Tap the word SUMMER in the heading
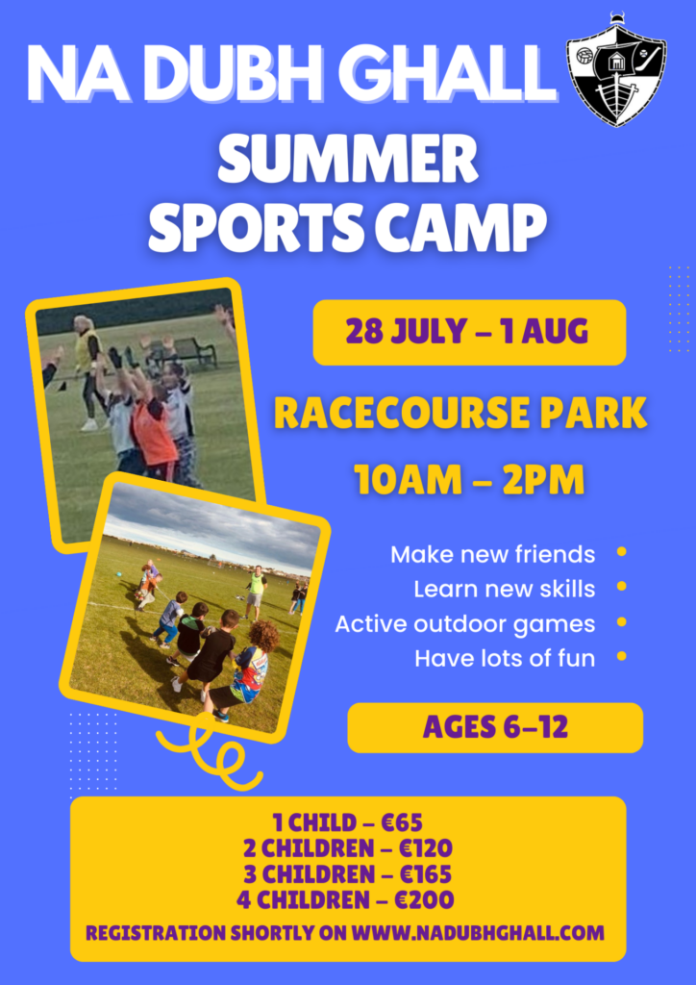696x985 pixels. point(348,161)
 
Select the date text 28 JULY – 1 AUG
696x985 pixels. point(467,332)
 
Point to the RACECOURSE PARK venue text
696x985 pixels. point(460,414)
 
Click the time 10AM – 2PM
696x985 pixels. point(469,480)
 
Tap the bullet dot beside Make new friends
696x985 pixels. point(621,552)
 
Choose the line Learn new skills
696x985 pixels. point(504,590)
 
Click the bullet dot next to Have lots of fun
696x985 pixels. point(621,656)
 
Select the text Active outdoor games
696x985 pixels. point(465,624)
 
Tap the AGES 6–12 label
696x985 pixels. point(495,727)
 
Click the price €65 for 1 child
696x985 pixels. point(402,822)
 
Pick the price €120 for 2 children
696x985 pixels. point(426,848)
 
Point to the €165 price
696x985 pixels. point(426,873)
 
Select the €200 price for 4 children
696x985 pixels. point(424,899)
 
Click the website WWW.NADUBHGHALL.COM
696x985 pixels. point(478,933)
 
